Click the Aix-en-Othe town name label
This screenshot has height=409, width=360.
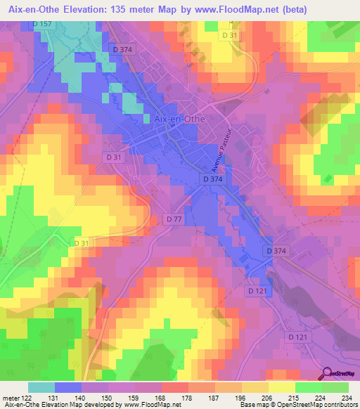[x=179, y=119]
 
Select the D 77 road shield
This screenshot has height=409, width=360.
[x=175, y=220]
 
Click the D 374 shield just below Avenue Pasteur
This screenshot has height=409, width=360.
[x=215, y=180]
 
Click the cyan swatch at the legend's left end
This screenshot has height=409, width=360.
[x=41, y=387]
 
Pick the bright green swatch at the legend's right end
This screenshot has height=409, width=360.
[x=335, y=387]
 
